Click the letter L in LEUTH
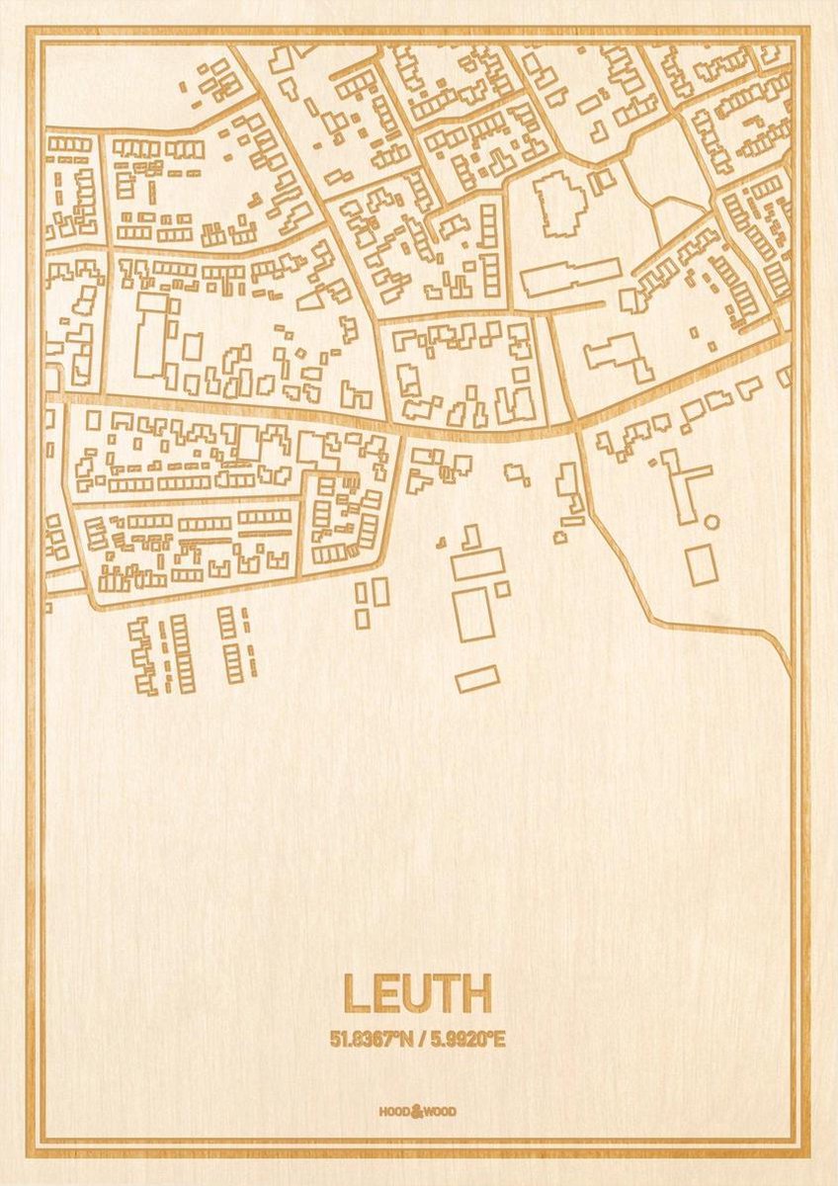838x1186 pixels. coord(357,994)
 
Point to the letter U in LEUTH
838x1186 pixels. coord(416,994)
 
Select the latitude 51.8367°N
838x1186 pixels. coord(372,1039)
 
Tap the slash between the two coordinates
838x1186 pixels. coord(420,1039)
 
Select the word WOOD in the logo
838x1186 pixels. coord(441,1112)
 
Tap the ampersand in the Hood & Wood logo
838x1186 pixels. coord(417,1111)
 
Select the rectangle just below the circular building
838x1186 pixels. coord(702,564)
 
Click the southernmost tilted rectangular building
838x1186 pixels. coord(477,678)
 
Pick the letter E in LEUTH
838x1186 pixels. coord(385,994)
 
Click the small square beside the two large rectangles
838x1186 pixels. coord(503,589)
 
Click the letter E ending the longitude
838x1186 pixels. coord(499,1039)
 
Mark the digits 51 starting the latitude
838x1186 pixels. coord(339,1039)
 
